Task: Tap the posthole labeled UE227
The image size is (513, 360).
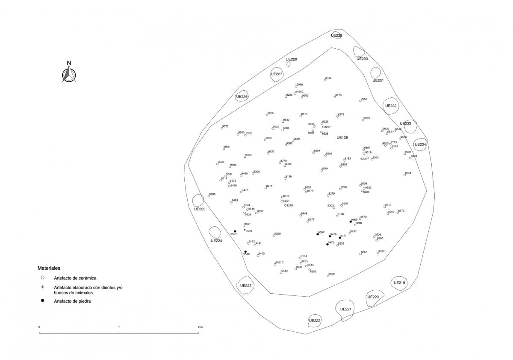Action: point(277,74)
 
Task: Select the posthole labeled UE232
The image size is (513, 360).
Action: point(391,106)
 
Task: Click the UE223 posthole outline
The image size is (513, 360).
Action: point(245,286)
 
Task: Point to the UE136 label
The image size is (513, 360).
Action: point(342,138)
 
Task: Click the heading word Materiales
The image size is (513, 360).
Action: point(49,268)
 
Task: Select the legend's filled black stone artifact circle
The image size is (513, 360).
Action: point(42,301)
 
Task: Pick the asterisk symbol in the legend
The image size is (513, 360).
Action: point(42,287)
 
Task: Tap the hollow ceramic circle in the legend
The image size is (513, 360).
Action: point(42,277)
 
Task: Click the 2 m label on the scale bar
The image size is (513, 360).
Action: point(200,327)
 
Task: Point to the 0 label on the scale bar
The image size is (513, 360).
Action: point(39,327)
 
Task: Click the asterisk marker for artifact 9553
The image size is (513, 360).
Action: point(245,230)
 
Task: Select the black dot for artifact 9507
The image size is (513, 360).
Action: point(318,234)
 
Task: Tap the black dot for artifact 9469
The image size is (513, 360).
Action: point(351,221)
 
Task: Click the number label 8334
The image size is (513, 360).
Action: point(328,79)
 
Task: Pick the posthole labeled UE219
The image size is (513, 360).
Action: point(399,283)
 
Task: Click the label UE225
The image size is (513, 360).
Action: point(200,209)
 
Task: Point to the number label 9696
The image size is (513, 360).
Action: point(212,194)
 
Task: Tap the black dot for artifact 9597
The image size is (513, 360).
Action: point(235,231)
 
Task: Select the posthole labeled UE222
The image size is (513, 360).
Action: point(315,320)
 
